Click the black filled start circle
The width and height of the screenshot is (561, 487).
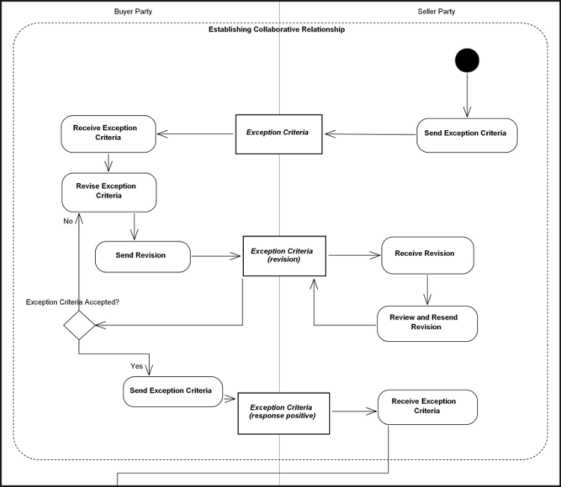click(x=467, y=60)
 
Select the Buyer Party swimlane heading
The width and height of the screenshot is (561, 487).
click(x=132, y=11)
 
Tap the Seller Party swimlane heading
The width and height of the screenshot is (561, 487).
click(x=436, y=11)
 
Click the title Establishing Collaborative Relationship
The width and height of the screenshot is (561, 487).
click(x=276, y=30)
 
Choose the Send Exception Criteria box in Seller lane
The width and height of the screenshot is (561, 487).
click(x=466, y=134)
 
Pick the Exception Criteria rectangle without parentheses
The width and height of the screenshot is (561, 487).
click(x=279, y=133)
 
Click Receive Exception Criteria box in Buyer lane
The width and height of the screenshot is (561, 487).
click(x=108, y=133)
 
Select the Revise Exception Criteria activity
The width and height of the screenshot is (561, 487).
click(x=108, y=191)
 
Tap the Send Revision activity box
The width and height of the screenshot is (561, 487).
click(x=143, y=256)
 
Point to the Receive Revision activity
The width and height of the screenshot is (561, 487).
click(x=428, y=254)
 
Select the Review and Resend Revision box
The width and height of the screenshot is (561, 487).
click(x=426, y=322)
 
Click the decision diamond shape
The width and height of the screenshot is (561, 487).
click(x=79, y=326)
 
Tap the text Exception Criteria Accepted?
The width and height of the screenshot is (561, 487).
click(x=73, y=302)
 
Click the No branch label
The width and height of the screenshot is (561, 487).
click(x=68, y=221)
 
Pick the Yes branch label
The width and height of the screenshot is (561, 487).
click(x=137, y=367)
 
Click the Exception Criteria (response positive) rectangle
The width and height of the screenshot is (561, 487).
click(x=283, y=412)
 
